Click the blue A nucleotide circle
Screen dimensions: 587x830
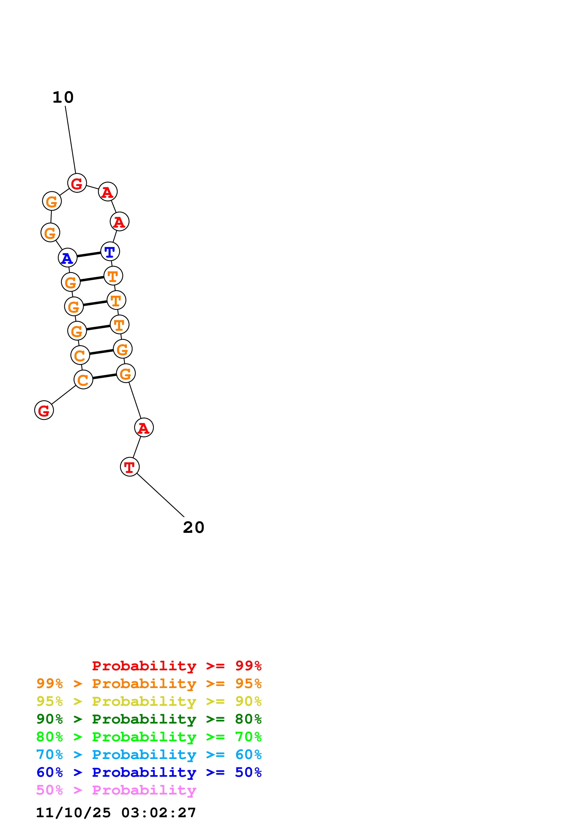click(68, 258)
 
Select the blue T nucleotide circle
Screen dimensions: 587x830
click(110, 251)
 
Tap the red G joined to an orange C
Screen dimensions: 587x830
click(44, 410)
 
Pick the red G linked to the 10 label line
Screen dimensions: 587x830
click(77, 183)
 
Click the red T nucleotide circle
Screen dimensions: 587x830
click(130, 467)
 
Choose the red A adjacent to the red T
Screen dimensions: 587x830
click(144, 428)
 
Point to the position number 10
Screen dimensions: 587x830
click(63, 97)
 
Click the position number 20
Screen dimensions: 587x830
click(193, 527)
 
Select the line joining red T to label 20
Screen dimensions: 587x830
click(160, 495)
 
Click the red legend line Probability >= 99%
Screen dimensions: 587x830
click(176, 666)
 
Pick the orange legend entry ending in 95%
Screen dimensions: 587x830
click(149, 683)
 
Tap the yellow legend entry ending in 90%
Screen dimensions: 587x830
click(149, 701)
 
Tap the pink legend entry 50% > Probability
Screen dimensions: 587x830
click(116, 790)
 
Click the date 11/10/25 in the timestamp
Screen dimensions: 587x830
click(73, 812)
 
